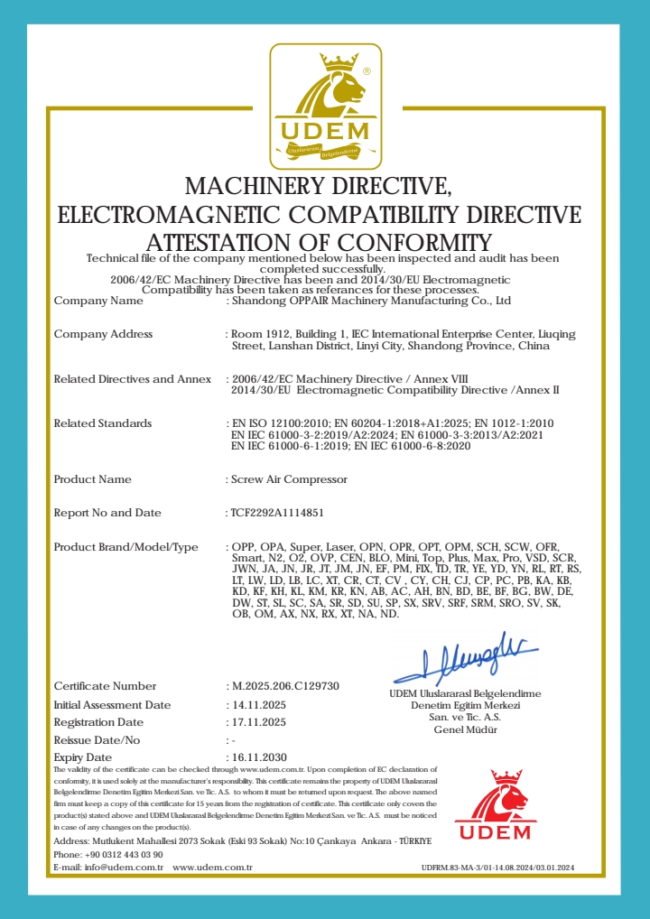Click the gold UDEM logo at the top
[x=325, y=107]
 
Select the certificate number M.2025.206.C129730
[x=285, y=686]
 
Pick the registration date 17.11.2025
[x=259, y=722]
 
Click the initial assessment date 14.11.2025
[x=259, y=704]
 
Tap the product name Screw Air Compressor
[x=289, y=479]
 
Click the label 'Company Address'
[x=103, y=334]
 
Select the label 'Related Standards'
[x=103, y=423]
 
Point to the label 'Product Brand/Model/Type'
[x=125, y=547]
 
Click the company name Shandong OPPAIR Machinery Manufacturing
[x=370, y=301]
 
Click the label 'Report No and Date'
[x=107, y=513]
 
